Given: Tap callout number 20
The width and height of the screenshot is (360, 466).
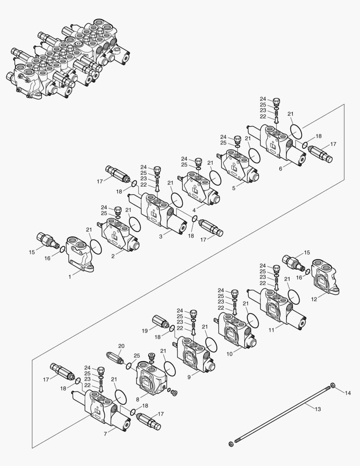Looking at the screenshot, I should (121, 346).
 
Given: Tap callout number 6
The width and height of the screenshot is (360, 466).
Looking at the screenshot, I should (281, 168).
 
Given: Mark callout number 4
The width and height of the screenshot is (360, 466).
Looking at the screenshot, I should (195, 210).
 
